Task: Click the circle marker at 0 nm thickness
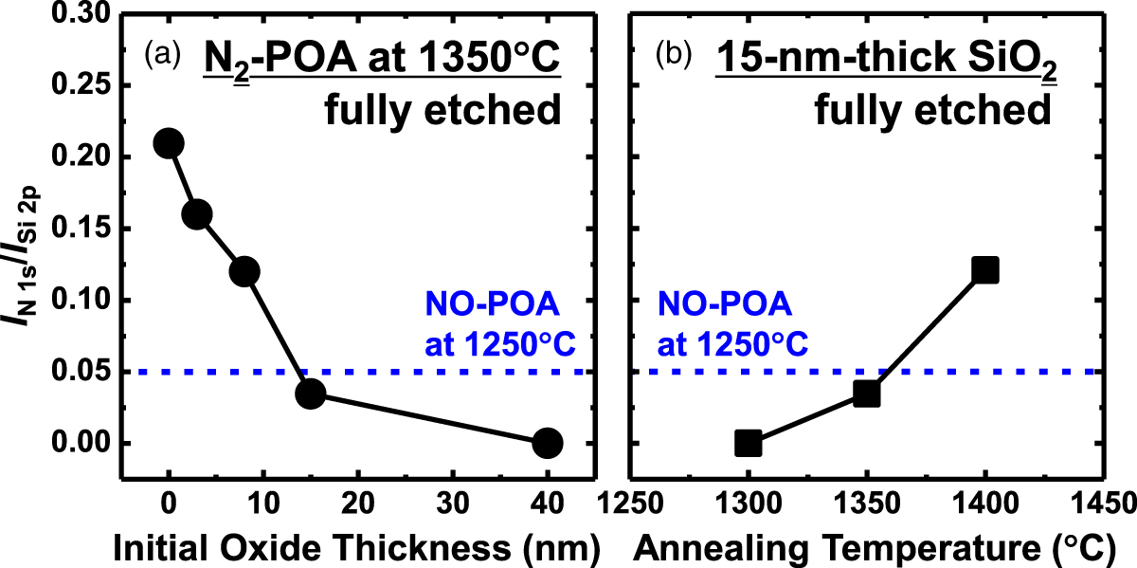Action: tap(169, 143)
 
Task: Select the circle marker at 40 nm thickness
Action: tap(548, 442)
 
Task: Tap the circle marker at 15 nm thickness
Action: tap(311, 393)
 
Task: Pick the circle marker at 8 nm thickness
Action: tap(244, 272)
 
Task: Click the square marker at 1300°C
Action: tap(748, 442)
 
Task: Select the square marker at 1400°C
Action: tap(985, 270)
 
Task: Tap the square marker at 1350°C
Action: tap(866, 393)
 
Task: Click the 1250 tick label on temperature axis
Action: tap(628, 499)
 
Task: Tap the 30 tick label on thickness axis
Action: tap(453, 499)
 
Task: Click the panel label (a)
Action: tap(161, 55)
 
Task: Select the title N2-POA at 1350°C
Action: tap(383, 62)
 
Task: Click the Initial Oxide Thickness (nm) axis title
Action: tap(356, 545)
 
